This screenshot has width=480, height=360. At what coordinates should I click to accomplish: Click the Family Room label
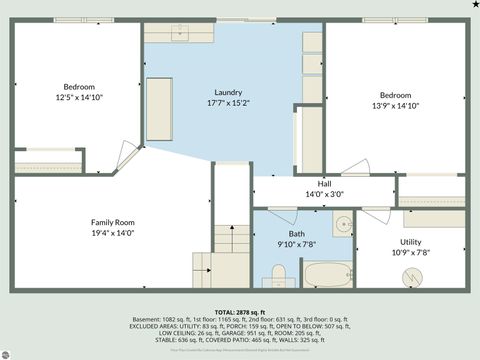click(x=112, y=222)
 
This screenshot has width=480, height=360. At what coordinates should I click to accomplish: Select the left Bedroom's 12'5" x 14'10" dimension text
click(x=80, y=98)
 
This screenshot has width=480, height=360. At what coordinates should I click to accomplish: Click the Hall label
click(x=324, y=184)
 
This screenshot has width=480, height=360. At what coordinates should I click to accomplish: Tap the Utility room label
click(x=411, y=242)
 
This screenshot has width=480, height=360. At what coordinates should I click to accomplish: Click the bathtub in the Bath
click(x=326, y=275)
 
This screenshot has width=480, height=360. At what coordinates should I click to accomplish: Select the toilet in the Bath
click(x=279, y=273)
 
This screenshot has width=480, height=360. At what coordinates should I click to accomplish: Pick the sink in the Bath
click(x=342, y=223)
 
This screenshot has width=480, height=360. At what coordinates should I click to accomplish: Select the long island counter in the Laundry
click(x=159, y=102)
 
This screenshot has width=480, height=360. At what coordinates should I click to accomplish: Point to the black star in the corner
click(x=473, y=5)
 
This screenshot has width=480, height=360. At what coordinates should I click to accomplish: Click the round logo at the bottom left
click(x=8, y=350)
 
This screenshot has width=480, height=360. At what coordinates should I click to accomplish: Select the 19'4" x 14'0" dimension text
click(x=112, y=233)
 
